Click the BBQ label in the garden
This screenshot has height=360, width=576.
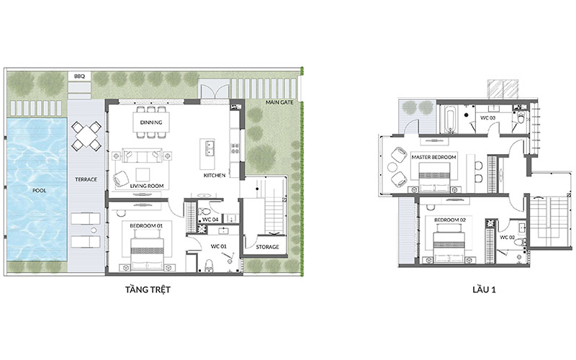(79, 76)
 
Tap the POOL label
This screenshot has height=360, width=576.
(40, 191)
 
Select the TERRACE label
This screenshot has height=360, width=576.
(86, 179)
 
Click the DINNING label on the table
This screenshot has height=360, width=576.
(151, 122)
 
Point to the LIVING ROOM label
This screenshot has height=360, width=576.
(147, 186)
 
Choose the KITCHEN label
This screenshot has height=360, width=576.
(215, 176)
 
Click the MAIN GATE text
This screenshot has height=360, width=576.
(279, 102)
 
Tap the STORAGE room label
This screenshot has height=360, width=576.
(267, 247)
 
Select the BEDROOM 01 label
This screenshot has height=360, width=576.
(146, 225)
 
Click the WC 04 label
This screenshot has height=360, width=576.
(210, 220)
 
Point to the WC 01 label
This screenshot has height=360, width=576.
(219, 246)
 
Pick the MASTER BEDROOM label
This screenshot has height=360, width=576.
(433, 157)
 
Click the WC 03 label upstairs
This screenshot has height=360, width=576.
(488, 118)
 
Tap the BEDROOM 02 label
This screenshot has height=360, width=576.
(450, 220)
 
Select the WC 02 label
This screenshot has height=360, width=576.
(508, 238)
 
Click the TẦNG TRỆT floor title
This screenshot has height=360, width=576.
(148, 289)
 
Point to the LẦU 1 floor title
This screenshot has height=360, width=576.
(484, 289)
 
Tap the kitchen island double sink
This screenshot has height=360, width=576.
(209, 147)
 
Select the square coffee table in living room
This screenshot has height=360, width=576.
(143, 174)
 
